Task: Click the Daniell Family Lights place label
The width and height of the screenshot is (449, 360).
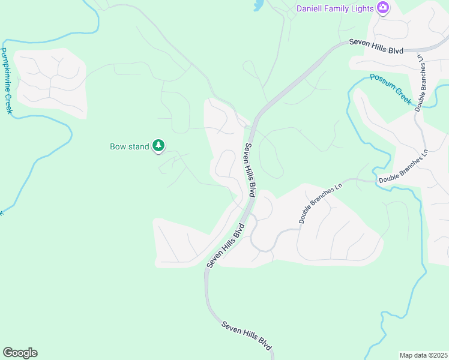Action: (335, 8)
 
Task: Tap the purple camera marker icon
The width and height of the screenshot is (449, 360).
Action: (382, 8)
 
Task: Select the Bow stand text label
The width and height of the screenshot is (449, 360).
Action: (129, 146)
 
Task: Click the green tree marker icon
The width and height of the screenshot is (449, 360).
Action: (158, 145)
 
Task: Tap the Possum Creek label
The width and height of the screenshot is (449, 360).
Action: (391, 89)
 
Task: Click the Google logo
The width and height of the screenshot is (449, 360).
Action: (20, 353)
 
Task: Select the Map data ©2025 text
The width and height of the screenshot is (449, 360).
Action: (424, 355)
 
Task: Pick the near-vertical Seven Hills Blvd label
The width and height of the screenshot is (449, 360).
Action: (250, 170)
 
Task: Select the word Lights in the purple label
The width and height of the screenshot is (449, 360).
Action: (361, 8)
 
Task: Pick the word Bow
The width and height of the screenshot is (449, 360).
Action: (117, 146)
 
